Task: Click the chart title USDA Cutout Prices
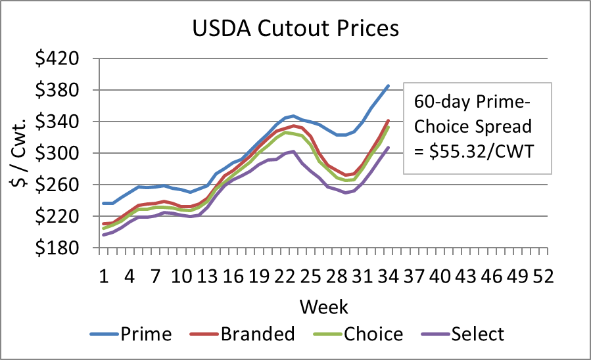[x=295, y=29]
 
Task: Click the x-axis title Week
[x=323, y=306]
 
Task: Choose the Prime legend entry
[x=131, y=334]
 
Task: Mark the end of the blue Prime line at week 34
[x=389, y=85]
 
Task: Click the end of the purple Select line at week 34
[x=389, y=148]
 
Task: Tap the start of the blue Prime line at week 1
[x=104, y=204]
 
